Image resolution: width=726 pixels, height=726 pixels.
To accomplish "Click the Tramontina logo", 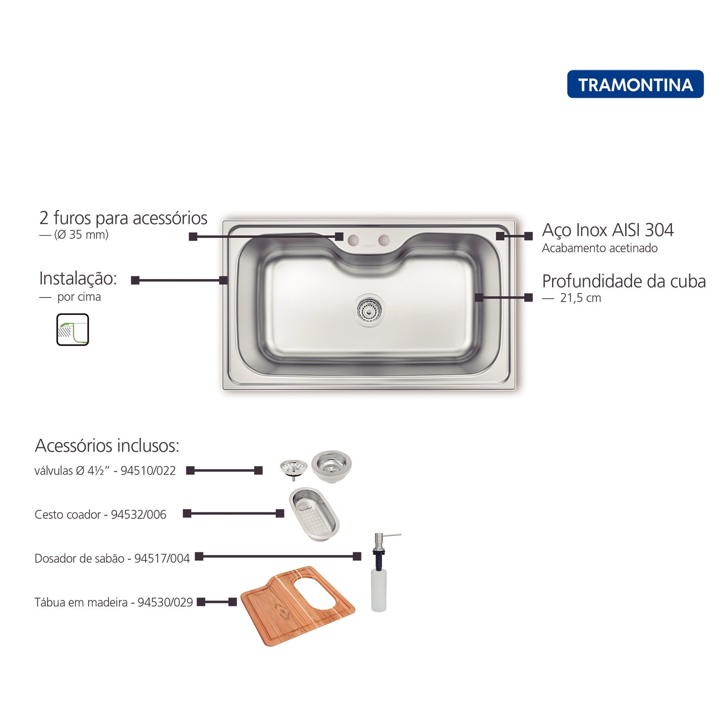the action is click(x=635, y=84).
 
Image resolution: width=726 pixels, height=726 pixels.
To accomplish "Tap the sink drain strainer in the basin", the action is click(x=369, y=309).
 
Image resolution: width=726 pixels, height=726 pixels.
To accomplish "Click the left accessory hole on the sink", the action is click(x=353, y=239).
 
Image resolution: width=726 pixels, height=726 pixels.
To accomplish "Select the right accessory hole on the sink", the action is click(x=384, y=239).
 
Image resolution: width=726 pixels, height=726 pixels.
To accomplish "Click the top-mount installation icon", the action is click(x=73, y=329).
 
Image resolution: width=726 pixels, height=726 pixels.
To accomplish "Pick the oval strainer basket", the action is click(x=314, y=515).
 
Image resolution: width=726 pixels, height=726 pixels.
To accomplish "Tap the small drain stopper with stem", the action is click(x=294, y=469).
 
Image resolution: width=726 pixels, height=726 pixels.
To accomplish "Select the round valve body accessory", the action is click(x=331, y=466).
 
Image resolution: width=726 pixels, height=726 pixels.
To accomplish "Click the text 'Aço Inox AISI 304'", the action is click(x=608, y=231).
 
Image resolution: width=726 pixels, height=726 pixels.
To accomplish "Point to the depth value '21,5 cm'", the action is click(x=580, y=298).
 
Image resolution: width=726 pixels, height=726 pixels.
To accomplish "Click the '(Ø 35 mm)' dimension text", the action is click(x=81, y=235).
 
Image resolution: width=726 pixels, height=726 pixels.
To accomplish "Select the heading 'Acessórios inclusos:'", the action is click(x=107, y=446).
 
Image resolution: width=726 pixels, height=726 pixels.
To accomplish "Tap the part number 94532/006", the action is click(x=138, y=515).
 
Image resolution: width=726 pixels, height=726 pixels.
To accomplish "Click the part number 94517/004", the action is click(x=162, y=558).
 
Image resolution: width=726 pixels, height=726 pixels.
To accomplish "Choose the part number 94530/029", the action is click(x=165, y=602).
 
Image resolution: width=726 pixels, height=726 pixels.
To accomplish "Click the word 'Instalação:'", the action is click(x=78, y=279).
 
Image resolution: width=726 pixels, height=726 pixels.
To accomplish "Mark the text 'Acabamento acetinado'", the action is click(x=600, y=248).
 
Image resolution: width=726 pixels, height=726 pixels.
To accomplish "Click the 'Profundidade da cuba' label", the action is click(x=624, y=282).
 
